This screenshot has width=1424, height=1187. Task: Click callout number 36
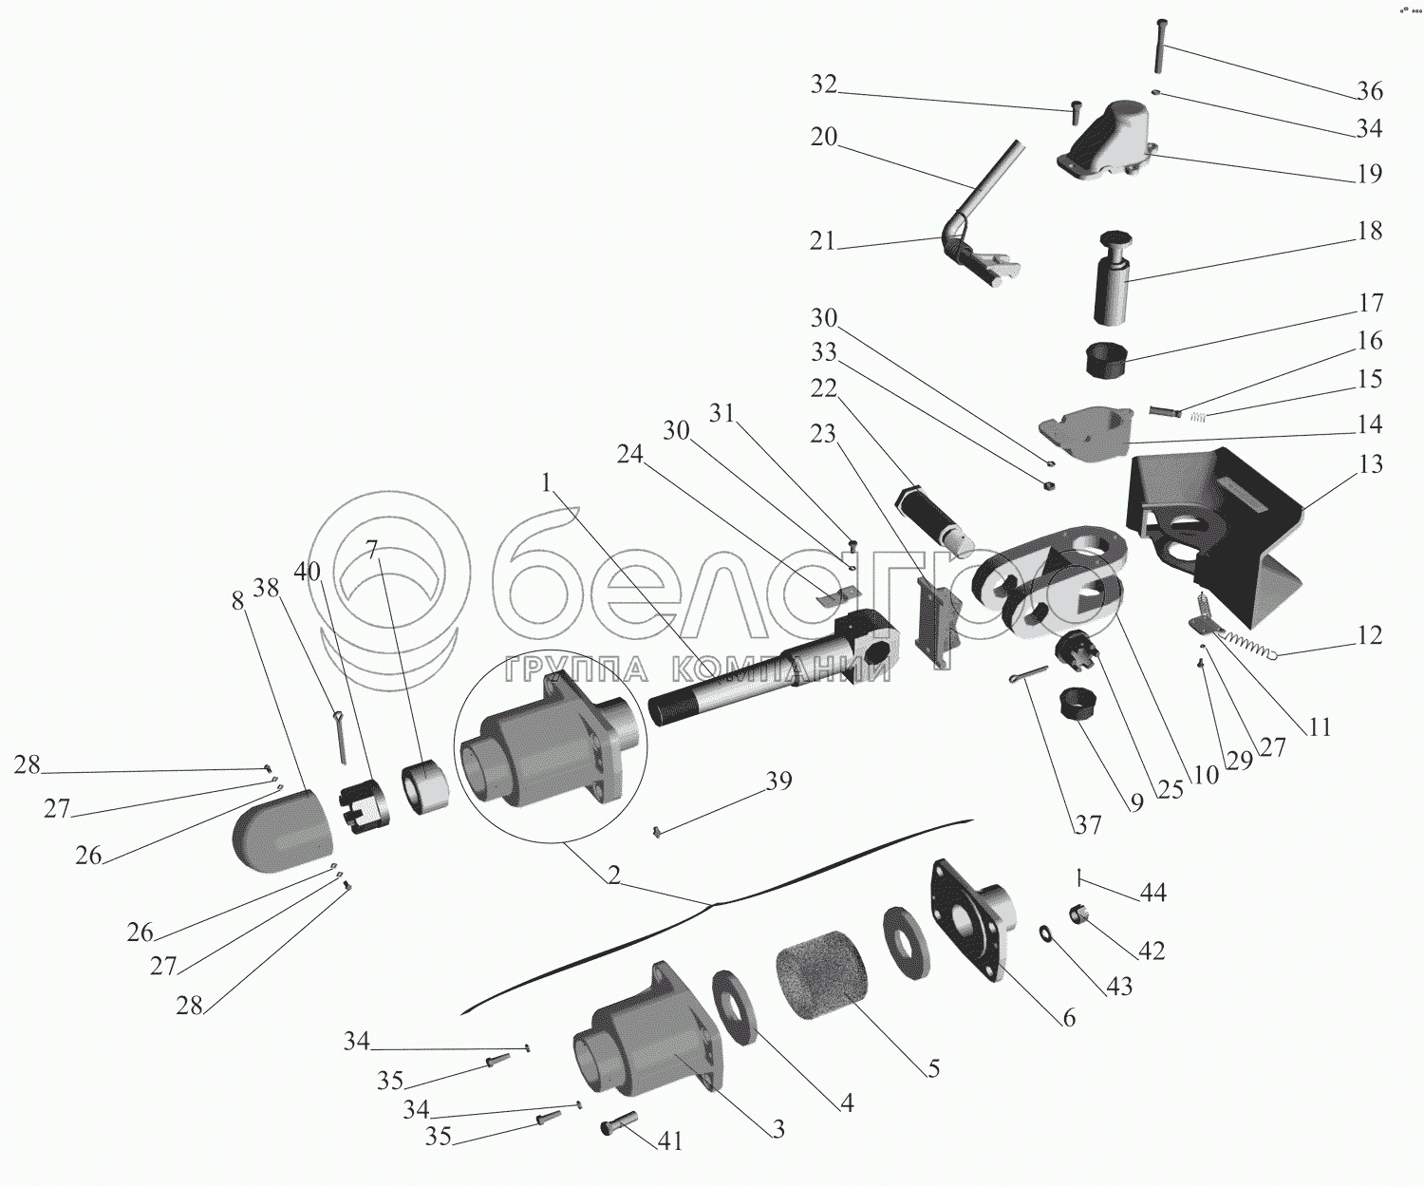click(1369, 91)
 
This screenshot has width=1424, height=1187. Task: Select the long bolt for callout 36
click(1159, 45)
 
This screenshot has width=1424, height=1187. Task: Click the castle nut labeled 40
click(361, 805)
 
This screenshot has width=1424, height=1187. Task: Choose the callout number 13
click(1370, 465)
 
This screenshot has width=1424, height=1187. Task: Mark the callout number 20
click(824, 137)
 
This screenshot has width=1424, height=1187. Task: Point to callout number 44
click(1152, 893)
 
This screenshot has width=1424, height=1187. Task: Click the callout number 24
click(629, 455)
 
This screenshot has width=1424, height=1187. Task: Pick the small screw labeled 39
click(657, 833)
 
